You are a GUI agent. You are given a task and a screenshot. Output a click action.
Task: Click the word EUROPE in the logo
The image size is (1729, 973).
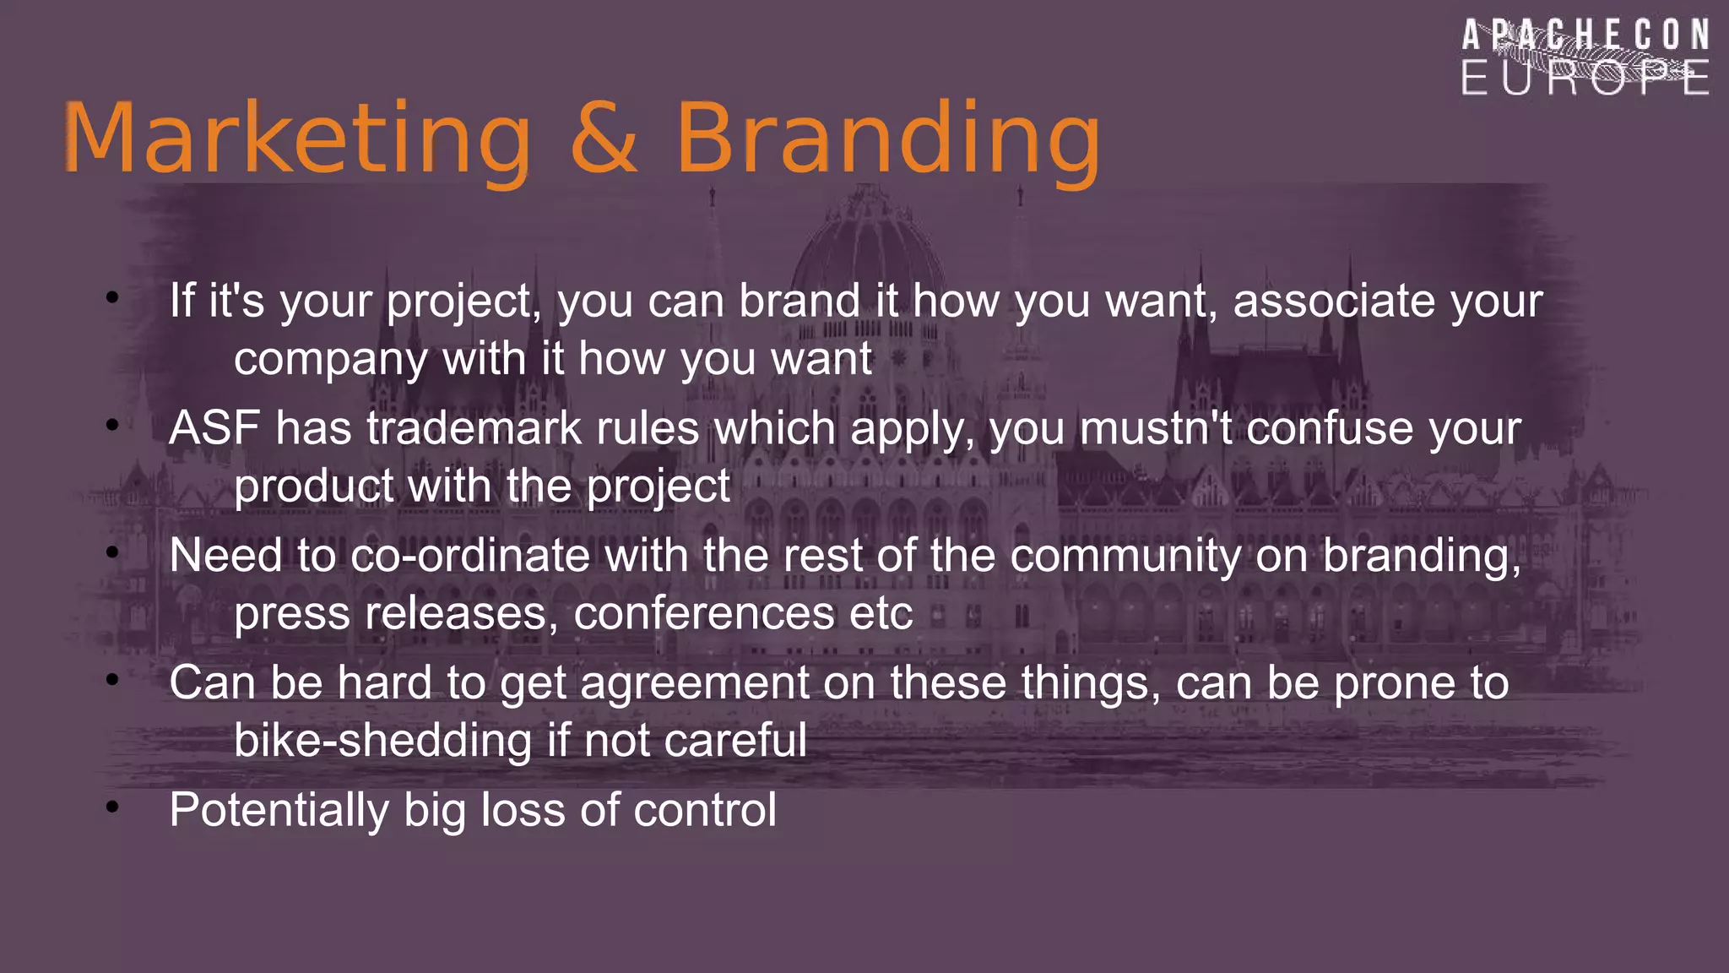click(x=1585, y=79)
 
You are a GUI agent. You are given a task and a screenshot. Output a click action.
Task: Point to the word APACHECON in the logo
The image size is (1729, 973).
click(x=1585, y=35)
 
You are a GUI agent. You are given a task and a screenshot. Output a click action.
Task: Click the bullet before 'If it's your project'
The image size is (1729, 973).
click(x=112, y=297)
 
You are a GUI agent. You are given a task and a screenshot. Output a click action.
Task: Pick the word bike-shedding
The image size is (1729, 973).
click(x=382, y=741)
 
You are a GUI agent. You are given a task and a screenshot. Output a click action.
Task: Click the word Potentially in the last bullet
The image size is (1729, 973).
click(x=279, y=810)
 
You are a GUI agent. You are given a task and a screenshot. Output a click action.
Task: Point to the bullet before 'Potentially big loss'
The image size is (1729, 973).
click(x=112, y=807)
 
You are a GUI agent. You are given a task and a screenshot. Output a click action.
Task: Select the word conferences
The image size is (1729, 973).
click(x=704, y=613)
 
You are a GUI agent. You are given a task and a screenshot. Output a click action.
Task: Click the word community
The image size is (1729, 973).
click(x=1125, y=556)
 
